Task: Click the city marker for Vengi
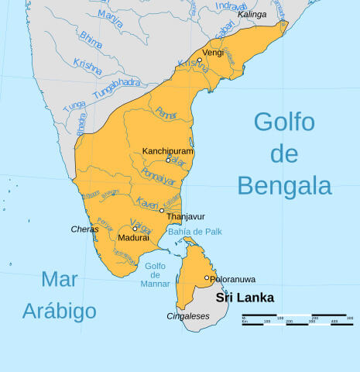click(x=199, y=60)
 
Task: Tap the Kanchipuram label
click(x=168, y=151)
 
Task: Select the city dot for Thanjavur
click(x=162, y=210)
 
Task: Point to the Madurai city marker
click(x=135, y=229)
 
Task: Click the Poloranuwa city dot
click(x=207, y=277)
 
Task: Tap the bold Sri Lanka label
click(x=245, y=298)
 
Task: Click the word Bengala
click(x=284, y=185)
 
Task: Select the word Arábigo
click(x=60, y=312)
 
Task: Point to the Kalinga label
click(x=251, y=14)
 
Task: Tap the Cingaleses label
click(x=188, y=316)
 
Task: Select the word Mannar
click(x=156, y=284)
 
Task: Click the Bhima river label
click(x=91, y=40)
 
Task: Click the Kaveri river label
click(x=147, y=202)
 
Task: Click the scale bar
click(x=297, y=319)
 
